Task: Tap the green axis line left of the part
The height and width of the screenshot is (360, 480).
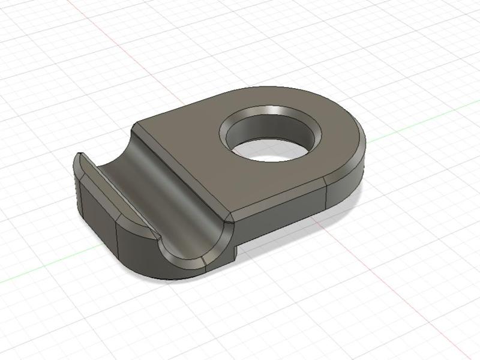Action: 36,274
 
